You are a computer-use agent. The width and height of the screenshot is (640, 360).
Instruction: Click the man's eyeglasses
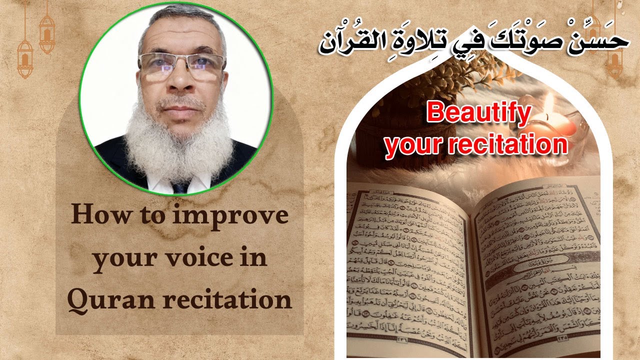click(x=181, y=65)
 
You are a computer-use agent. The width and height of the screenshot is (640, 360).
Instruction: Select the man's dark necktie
click(x=180, y=187)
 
